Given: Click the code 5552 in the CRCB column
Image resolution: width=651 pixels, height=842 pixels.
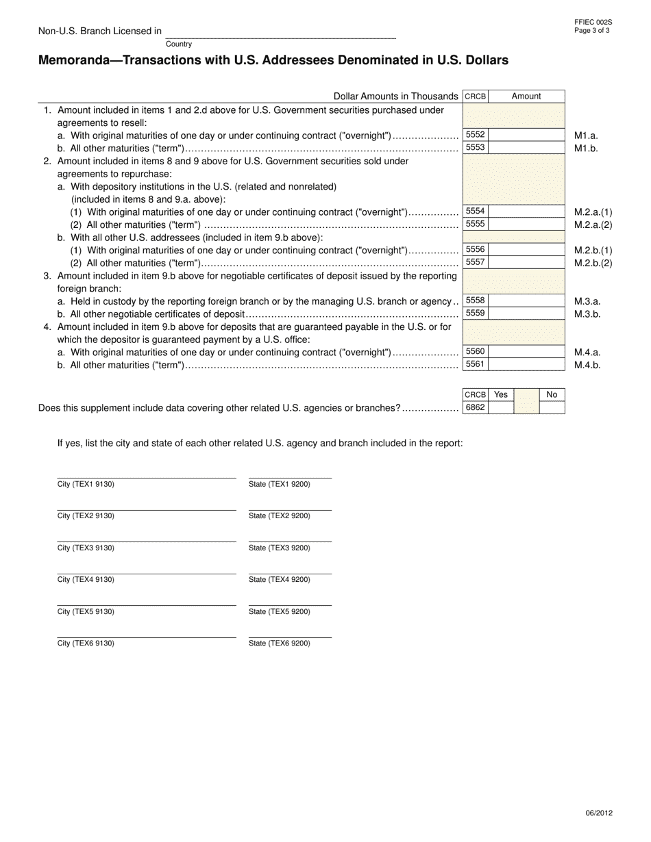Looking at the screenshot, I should (475, 135).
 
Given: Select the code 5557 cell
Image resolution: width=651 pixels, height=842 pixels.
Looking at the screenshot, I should (475, 262).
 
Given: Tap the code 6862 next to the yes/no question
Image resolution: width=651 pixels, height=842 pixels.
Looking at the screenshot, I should (475, 408).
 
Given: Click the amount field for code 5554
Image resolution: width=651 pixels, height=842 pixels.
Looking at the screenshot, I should (526, 212).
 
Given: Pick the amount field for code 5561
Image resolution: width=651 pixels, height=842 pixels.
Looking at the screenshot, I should (526, 364).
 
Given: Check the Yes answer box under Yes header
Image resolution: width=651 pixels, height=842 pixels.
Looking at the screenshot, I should (501, 408).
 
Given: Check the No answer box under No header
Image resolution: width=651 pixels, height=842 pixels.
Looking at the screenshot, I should (552, 408).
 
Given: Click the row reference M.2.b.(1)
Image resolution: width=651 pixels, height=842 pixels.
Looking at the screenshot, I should (593, 251).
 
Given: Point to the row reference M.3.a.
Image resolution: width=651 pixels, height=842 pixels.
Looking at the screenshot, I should (587, 301).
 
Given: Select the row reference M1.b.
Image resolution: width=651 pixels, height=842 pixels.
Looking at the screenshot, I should (586, 148).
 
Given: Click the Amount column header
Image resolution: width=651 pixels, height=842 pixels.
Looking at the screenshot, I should (526, 97).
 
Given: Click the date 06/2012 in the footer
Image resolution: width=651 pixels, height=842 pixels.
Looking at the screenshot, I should (599, 813).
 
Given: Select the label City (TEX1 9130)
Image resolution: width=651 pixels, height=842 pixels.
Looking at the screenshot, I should (86, 485).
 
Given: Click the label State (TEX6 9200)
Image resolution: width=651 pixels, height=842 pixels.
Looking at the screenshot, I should (279, 643).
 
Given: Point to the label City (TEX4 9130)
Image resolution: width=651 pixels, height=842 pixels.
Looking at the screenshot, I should (86, 580).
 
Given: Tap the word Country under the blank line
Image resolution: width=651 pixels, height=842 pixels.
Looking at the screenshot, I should (179, 44).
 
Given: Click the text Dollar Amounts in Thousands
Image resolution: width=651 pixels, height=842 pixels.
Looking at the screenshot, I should (395, 97).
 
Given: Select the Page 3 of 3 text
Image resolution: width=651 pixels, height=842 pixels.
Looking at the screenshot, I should (593, 31).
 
